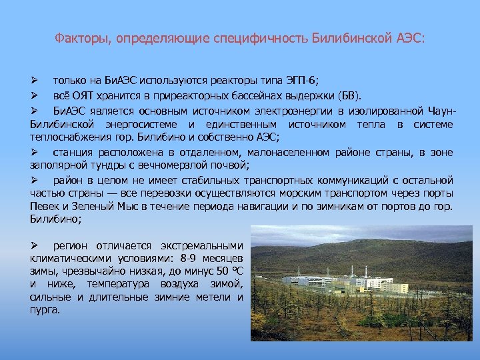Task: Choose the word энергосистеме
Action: click(x=145, y=125)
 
